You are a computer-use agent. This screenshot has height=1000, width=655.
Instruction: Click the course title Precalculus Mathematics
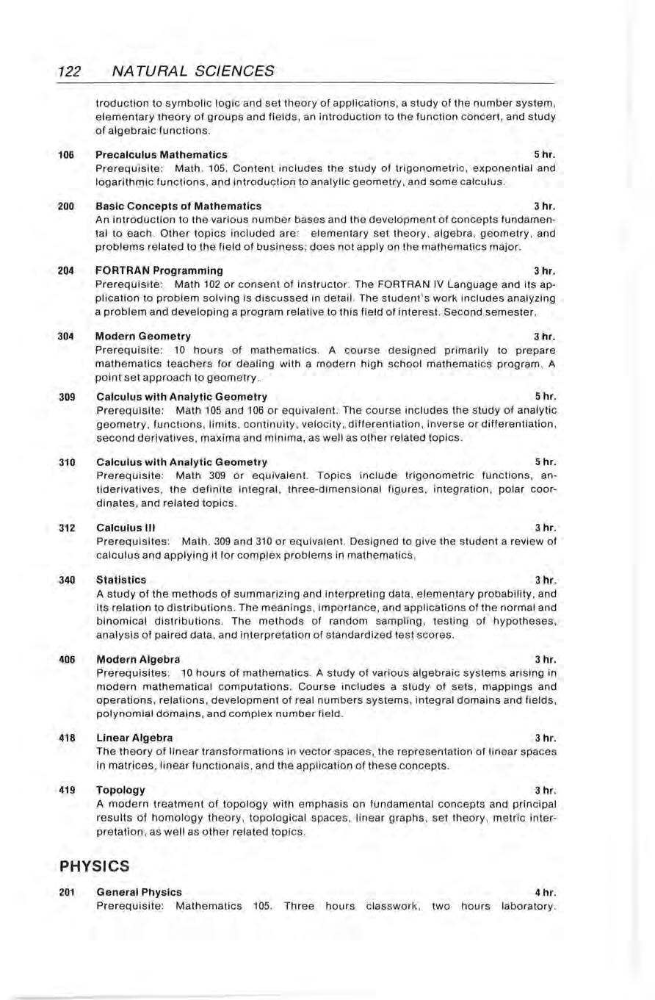(162, 155)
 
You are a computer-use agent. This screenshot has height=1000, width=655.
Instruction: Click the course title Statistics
(121, 580)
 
